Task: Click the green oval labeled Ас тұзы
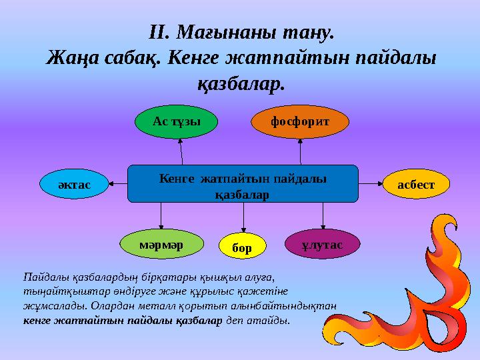[x=168, y=121]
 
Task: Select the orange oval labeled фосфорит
[x=300, y=121]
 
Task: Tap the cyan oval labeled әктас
[x=74, y=183]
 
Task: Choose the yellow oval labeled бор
[x=243, y=248]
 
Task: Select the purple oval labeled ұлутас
[x=323, y=243]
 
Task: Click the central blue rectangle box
[x=243, y=183]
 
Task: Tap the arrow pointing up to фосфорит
[x=301, y=150]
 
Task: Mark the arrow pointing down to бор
[x=243, y=217]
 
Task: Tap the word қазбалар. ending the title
[x=241, y=83]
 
